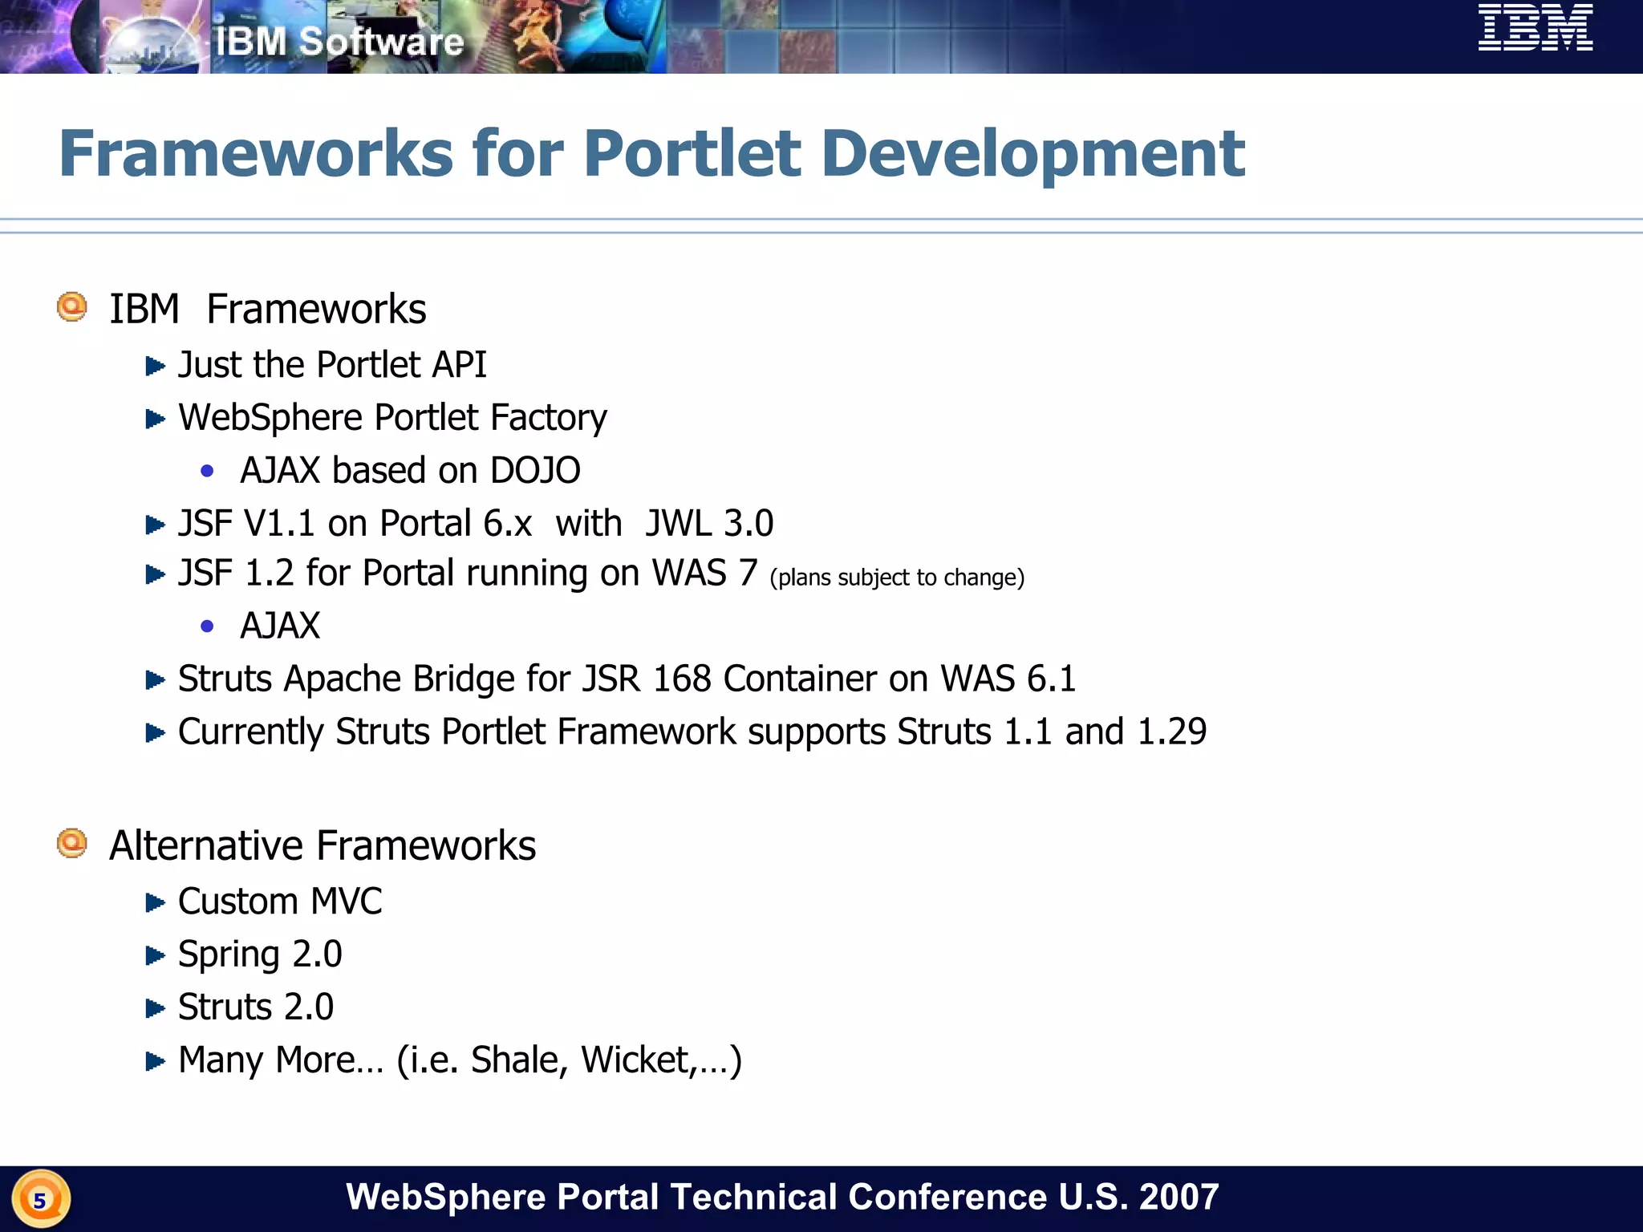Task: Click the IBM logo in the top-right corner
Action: tap(1535, 28)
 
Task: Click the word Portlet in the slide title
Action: tap(692, 154)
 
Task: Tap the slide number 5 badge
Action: tap(40, 1200)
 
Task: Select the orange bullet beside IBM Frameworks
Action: tap(72, 307)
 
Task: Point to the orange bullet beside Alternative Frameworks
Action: tap(72, 844)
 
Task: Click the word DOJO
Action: tap(535, 471)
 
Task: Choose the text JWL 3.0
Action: tap(709, 524)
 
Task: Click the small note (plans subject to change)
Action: tap(897, 577)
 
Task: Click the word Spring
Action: tap(229, 954)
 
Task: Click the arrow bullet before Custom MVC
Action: tap(155, 903)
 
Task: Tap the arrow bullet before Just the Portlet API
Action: tap(155, 367)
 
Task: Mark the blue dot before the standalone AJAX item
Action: tap(208, 626)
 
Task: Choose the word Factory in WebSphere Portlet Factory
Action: tap(549, 418)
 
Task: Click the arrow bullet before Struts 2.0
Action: tap(155, 1008)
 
